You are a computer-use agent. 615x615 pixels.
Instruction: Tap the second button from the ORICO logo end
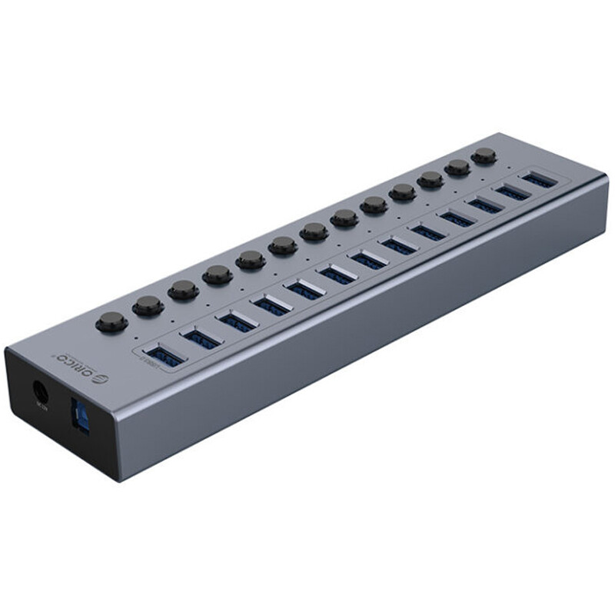tap(148, 306)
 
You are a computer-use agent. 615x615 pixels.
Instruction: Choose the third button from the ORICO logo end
tap(183, 290)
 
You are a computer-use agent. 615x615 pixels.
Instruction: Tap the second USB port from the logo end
tap(203, 338)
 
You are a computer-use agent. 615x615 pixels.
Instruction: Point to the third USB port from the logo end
tap(238, 321)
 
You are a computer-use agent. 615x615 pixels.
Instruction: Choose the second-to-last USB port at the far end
tap(511, 192)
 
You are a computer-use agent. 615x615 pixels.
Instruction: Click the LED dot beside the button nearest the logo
tap(137, 337)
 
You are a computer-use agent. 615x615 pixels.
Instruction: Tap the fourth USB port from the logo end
tap(272, 305)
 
